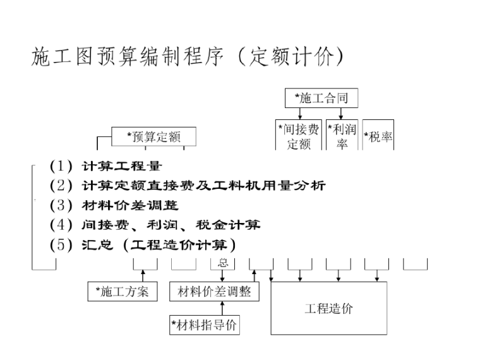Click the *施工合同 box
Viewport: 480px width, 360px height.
pos(321,98)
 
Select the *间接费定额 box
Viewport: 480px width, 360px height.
pos(299,135)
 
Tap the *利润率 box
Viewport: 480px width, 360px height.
pos(342,135)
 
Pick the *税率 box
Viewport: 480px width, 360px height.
pos(378,136)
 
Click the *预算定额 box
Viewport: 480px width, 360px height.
pos(153,136)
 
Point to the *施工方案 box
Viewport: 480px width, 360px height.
pos(122,291)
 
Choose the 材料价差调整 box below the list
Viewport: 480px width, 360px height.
pos(214,291)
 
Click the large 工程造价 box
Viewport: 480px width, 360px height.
pos(328,308)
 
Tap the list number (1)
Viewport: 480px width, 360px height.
pos(61,167)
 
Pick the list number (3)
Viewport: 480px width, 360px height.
pos(61,205)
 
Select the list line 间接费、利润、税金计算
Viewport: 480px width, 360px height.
pos(171,225)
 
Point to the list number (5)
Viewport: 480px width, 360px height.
pos(61,244)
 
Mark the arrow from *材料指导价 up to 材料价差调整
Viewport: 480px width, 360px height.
pos(222,308)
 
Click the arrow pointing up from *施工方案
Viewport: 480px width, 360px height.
pos(143,275)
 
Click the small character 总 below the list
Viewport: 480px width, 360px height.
pos(223,263)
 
